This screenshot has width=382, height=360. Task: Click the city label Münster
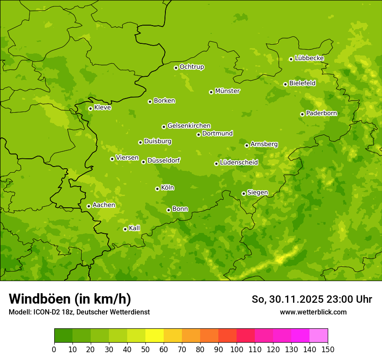pyautogui.click(x=227, y=91)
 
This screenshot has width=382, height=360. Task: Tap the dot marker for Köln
pyautogui.click(x=157, y=189)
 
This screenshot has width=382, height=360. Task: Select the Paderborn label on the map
pyautogui.click(x=322, y=113)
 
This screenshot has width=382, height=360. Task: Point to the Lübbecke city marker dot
pyautogui.click(x=291, y=59)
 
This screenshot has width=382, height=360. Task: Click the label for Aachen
pyautogui.click(x=104, y=205)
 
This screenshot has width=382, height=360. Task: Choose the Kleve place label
pyautogui.click(x=102, y=108)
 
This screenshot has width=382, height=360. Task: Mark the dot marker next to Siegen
pyautogui.click(x=244, y=193)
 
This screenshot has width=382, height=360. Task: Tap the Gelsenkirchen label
pyautogui.click(x=189, y=126)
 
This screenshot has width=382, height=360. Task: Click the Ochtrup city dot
pyautogui.click(x=176, y=68)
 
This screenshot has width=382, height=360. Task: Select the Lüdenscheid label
pyautogui.click(x=239, y=163)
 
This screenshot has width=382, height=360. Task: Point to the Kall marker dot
pyautogui.click(x=125, y=229)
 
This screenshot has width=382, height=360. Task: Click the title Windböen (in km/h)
pyautogui.click(x=70, y=299)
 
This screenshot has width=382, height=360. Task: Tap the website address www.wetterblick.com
pyautogui.click(x=313, y=312)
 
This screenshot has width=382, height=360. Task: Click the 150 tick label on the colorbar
pyautogui.click(x=328, y=350)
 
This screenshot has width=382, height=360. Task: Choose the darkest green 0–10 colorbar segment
pyautogui.click(x=63, y=336)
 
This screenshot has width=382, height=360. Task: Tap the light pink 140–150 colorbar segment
pyautogui.click(x=319, y=336)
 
